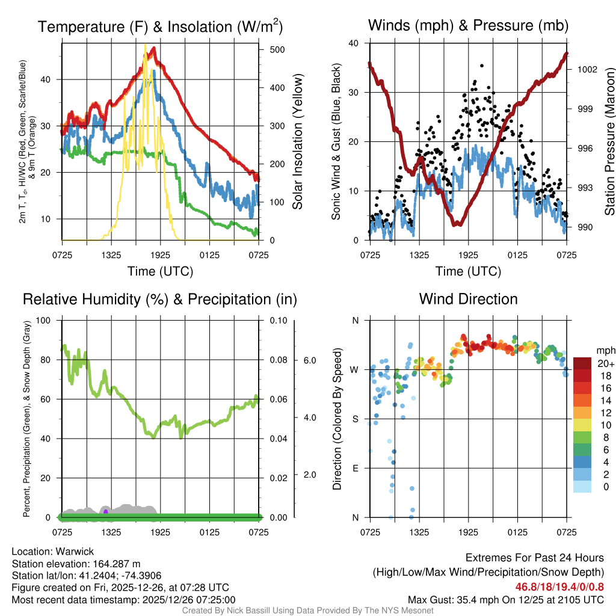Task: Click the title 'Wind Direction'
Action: point(468,299)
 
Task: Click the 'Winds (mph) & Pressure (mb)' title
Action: point(468,26)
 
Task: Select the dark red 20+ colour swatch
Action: point(582,364)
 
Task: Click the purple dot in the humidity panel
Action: point(106,511)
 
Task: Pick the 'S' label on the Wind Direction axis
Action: point(355,419)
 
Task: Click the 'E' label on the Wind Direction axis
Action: point(355,468)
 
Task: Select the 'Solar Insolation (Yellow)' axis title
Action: point(298,142)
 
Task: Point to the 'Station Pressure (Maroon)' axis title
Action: point(609,142)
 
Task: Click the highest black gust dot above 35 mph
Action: point(482,66)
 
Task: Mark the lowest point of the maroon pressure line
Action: point(457,224)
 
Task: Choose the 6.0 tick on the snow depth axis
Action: point(309,360)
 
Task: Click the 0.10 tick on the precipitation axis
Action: point(278,320)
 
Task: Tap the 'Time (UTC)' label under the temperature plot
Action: point(160,271)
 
